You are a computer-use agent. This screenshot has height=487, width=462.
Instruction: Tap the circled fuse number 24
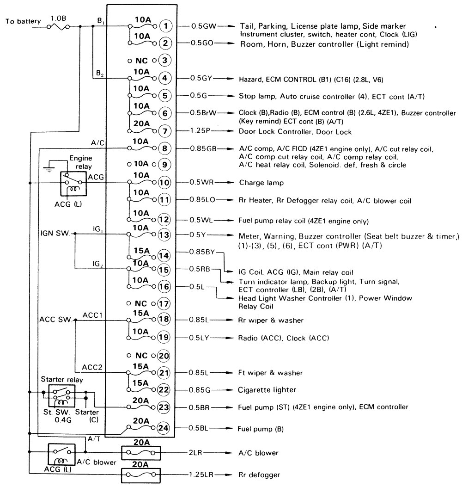coord(164,427)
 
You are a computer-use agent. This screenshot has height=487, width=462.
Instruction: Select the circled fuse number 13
coord(164,234)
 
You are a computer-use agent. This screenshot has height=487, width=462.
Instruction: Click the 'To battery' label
coord(23,21)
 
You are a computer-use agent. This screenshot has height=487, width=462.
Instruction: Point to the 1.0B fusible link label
coord(58,18)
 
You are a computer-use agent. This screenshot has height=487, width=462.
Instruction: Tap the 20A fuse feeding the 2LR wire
coord(141,452)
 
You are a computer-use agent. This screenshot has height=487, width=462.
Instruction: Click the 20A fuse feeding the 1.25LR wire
coord(141,474)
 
